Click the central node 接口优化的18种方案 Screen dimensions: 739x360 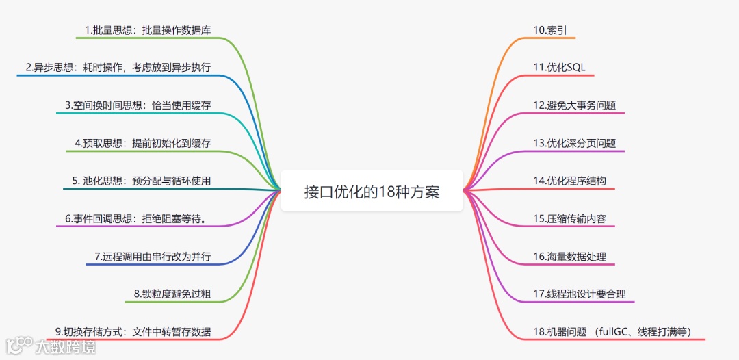[372, 192]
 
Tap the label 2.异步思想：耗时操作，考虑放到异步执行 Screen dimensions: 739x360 [118, 67]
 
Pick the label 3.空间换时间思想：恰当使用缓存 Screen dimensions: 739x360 [138, 105]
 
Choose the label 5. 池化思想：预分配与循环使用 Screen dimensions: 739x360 [141, 181]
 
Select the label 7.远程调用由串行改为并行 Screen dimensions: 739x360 [152, 257]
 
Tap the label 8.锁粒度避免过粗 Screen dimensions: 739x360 [172, 294]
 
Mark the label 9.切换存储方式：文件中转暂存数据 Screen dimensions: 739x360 [133, 332]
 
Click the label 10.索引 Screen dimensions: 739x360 [549, 30]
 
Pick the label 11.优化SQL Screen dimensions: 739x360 [559, 67]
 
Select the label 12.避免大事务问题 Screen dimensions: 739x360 [574, 105]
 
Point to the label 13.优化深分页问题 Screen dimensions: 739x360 [574, 143]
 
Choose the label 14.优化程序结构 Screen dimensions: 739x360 [569, 181]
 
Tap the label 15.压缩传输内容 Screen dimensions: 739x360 [569, 218]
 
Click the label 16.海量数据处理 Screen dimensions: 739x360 [569, 257]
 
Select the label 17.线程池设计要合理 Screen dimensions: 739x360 [579, 294]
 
